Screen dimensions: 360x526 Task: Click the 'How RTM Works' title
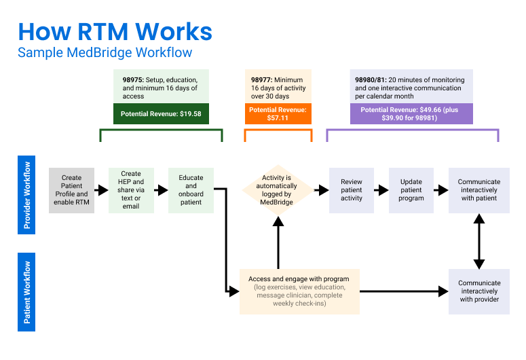tap(115, 31)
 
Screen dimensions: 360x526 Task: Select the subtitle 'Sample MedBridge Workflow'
tap(105, 52)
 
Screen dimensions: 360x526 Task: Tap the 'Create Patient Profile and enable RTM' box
tap(71, 190)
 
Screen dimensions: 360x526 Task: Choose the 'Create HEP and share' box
tap(131, 190)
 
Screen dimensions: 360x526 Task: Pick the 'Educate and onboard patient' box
tap(191, 190)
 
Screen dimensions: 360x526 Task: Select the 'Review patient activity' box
tap(352, 190)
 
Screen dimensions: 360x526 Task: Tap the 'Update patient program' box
tap(411, 190)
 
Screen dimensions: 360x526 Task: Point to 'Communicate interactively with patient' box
tap(478, 190)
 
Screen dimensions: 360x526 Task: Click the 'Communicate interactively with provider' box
tap(478, 291)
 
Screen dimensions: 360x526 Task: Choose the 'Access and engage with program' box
tap(299, 291)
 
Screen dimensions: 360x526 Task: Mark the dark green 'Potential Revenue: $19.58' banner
tap(161, 113)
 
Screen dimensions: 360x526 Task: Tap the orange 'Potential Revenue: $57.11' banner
tap(278, 113)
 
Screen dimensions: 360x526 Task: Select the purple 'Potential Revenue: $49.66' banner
tap(411, 113)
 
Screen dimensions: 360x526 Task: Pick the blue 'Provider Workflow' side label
tap(27, 195)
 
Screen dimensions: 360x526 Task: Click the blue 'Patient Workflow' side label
tap(27, 291)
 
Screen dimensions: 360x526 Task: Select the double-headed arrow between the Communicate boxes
tap(479, 241)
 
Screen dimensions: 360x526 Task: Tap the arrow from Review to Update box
tap(381, 190)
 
